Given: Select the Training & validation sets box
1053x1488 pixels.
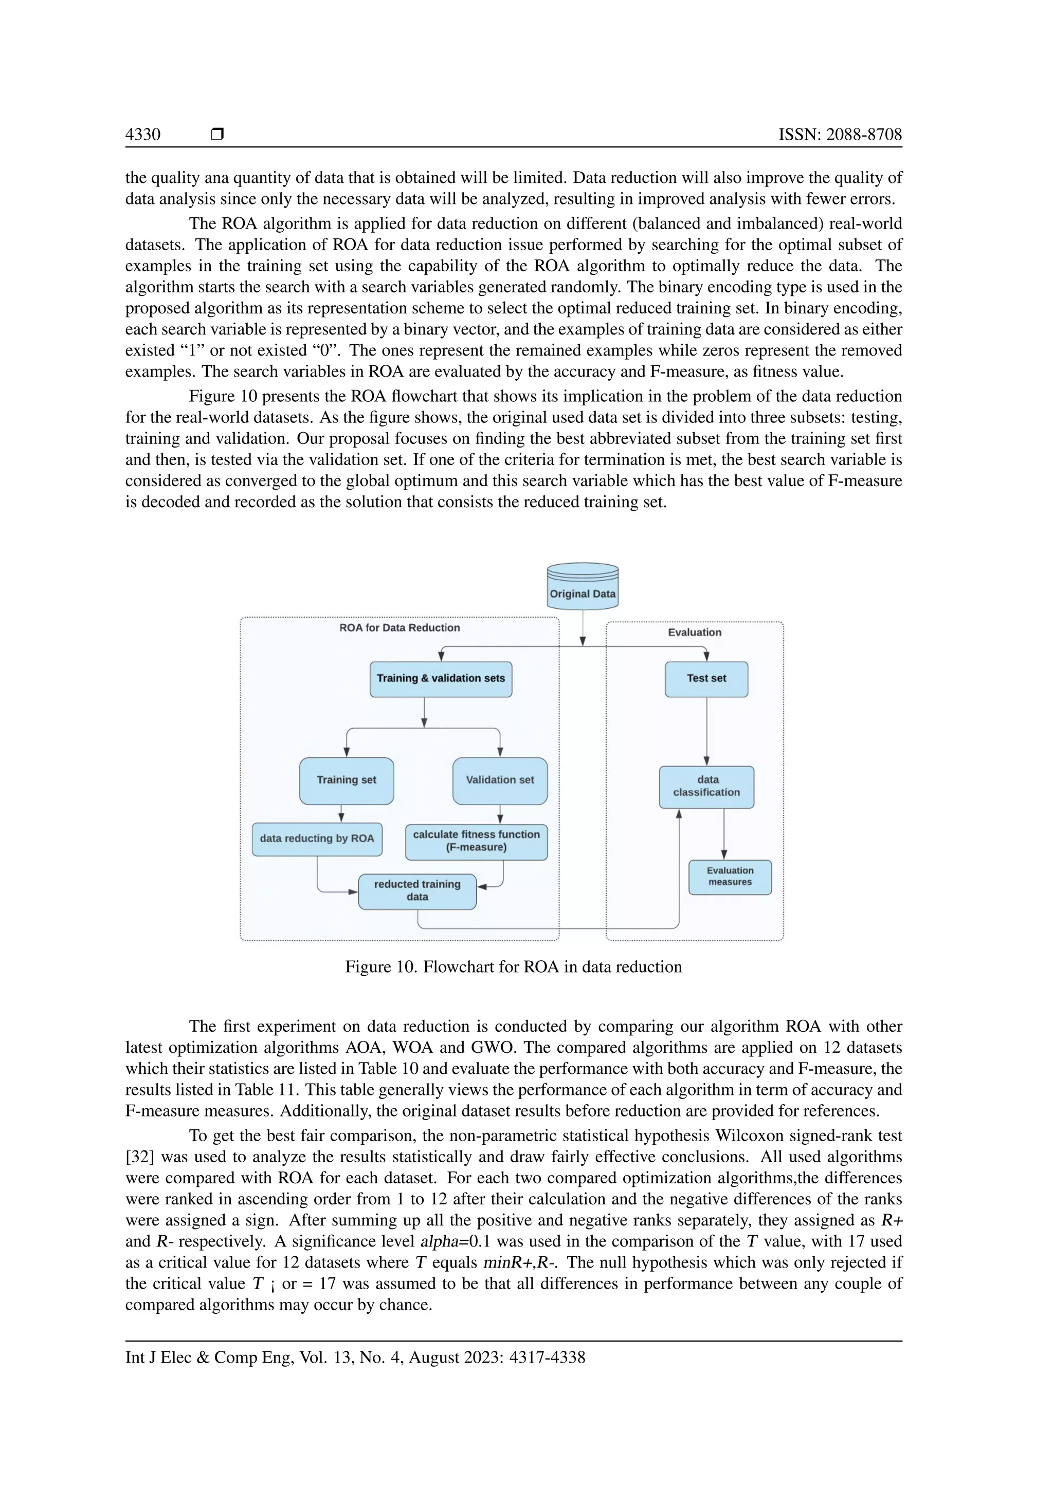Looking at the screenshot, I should [441, 679].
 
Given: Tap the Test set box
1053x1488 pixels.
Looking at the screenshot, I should [706, 679].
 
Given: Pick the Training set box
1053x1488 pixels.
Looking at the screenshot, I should [346, 780].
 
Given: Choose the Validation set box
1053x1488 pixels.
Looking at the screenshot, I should [500, 780].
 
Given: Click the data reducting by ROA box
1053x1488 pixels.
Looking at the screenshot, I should [317, 839].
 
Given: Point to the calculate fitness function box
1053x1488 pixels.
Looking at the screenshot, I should [477, 841].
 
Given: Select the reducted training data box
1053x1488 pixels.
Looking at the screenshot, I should [417, 890].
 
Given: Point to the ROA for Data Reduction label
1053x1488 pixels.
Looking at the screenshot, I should [400, 628].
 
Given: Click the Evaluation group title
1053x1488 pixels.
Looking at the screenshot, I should [695, 633].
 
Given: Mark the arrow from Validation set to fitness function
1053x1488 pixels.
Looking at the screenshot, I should [500, 814].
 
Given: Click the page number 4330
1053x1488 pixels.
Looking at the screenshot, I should [142, 134].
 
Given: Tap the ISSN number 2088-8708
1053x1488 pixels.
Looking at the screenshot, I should [840, 134].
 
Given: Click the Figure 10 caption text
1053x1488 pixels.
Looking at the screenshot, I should [514, 967].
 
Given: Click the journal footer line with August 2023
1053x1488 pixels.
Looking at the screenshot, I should [355, 1357].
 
